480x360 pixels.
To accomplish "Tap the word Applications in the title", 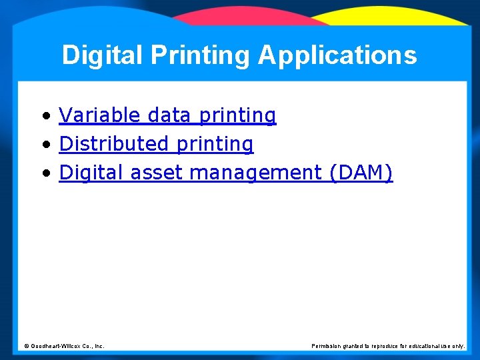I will click(x=337, y=55).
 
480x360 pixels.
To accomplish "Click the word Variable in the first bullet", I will click(x=100, y=115).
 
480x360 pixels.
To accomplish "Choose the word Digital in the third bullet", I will click(x=92, y=173).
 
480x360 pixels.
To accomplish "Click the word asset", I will click(x=157, y=173).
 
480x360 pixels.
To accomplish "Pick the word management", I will click(x=256, y=173).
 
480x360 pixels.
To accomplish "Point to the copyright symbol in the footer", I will click(x=27, y=346).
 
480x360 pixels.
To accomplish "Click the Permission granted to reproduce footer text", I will click(x=388, y=346).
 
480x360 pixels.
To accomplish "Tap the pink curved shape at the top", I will click(x=253, y=17).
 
